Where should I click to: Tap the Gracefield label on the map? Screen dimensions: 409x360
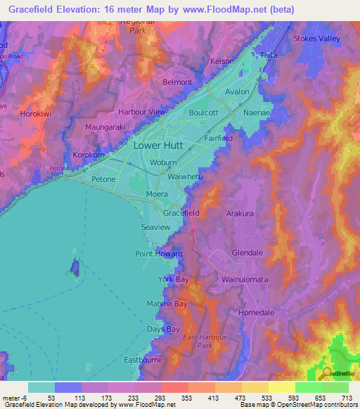click(x=181, y=212)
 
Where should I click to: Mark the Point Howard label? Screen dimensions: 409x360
click(x=159, y=254)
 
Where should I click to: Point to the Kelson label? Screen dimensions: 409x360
click(x=222, y=61)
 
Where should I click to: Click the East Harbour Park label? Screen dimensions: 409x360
click(x=207, y=342)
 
